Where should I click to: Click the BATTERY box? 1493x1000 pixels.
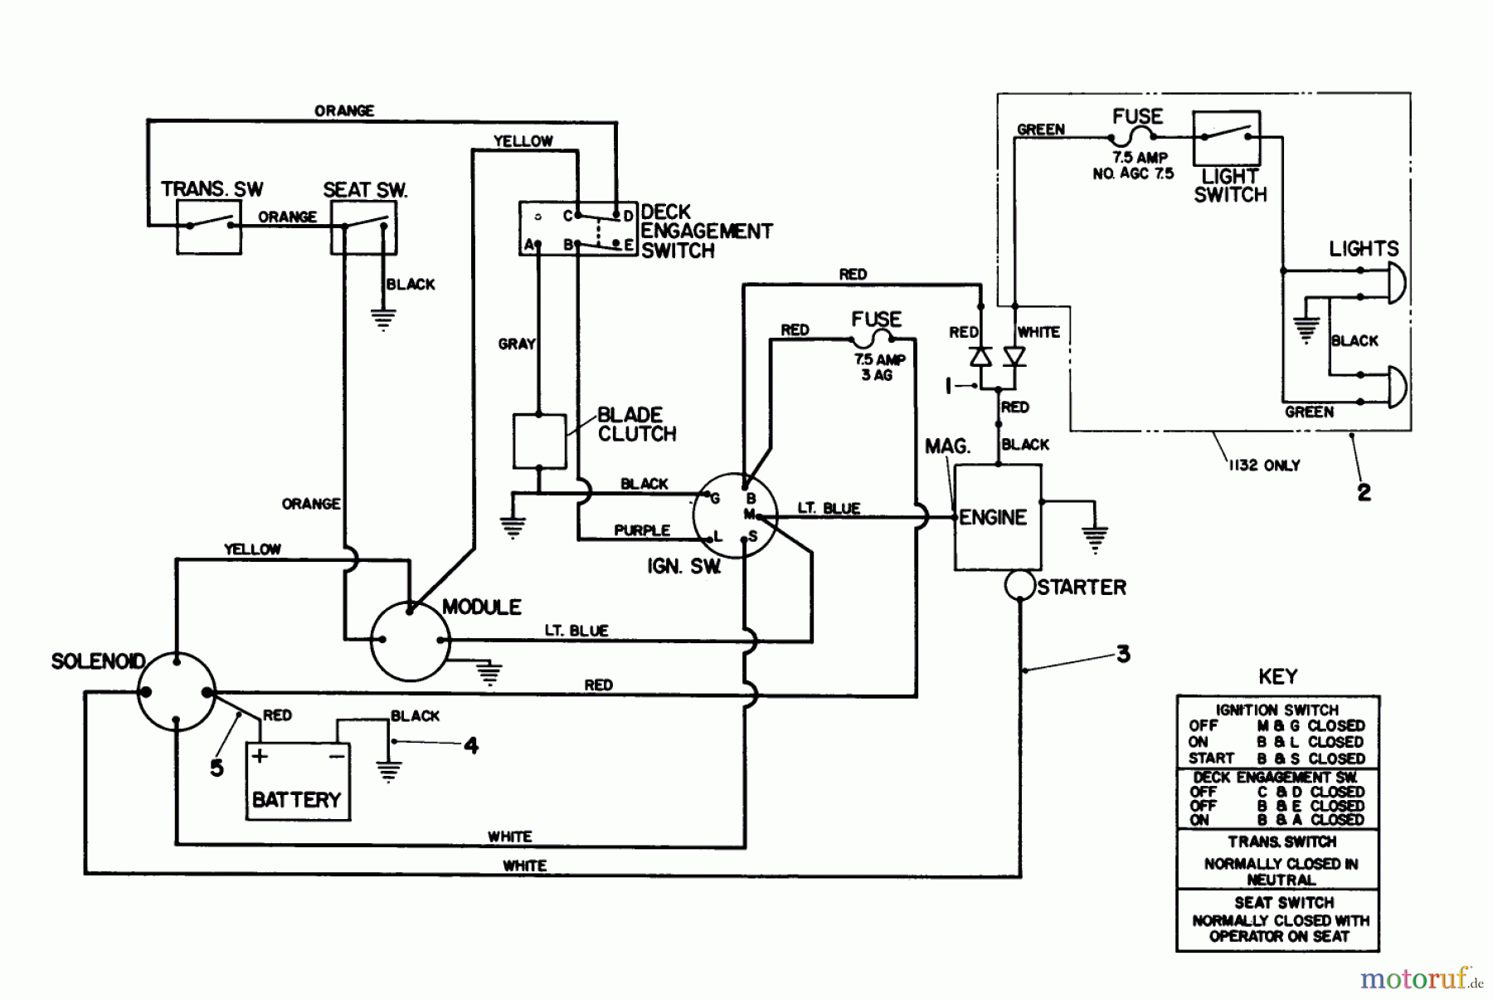[x=298, y=782]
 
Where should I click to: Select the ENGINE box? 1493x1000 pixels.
[x=997, y=517]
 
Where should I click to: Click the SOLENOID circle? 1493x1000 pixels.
[x=176, y=691]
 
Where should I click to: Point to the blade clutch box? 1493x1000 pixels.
[x=539, y=441]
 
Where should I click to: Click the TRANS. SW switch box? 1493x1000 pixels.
[x=208, y=227]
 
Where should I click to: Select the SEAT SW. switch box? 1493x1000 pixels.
[x=363, y=227]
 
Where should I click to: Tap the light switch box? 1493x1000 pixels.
[x=1226, y=139]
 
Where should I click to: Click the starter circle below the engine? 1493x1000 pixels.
[x=1019, y=586]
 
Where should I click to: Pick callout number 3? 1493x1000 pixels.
[x=1122, y=654]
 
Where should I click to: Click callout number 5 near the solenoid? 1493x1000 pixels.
[x=216, y=768]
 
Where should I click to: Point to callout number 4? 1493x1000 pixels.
[x=471, y=745]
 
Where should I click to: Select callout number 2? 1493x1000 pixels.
[x=1364, y=492]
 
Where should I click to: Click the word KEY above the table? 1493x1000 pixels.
[x=1277, y=676]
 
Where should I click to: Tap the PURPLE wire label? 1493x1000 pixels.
[x=641, y=530]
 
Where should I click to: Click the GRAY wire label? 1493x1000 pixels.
[x=516, y=344]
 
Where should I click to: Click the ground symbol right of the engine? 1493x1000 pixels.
[x=1095, y=539]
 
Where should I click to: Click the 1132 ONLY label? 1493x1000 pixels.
[x=1263, y=466]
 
